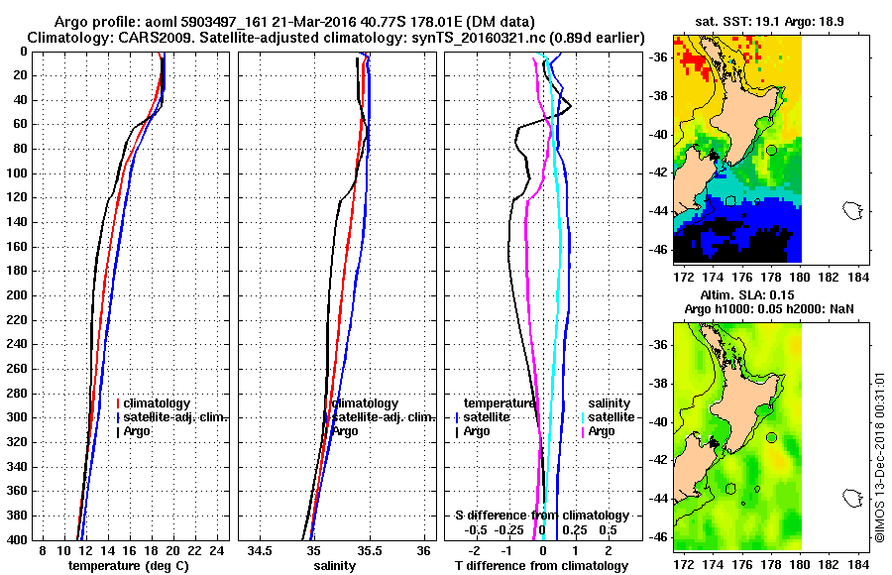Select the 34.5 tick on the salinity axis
[261, 550]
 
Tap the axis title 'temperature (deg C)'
[128, 565]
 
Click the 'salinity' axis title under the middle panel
[334, 565]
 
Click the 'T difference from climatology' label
[541, 565]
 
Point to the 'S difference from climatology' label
[541, 516]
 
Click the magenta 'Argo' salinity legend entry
[601, 431]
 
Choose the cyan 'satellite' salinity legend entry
[611, 417]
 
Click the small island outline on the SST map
[851, 209]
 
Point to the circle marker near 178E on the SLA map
[771, 437]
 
